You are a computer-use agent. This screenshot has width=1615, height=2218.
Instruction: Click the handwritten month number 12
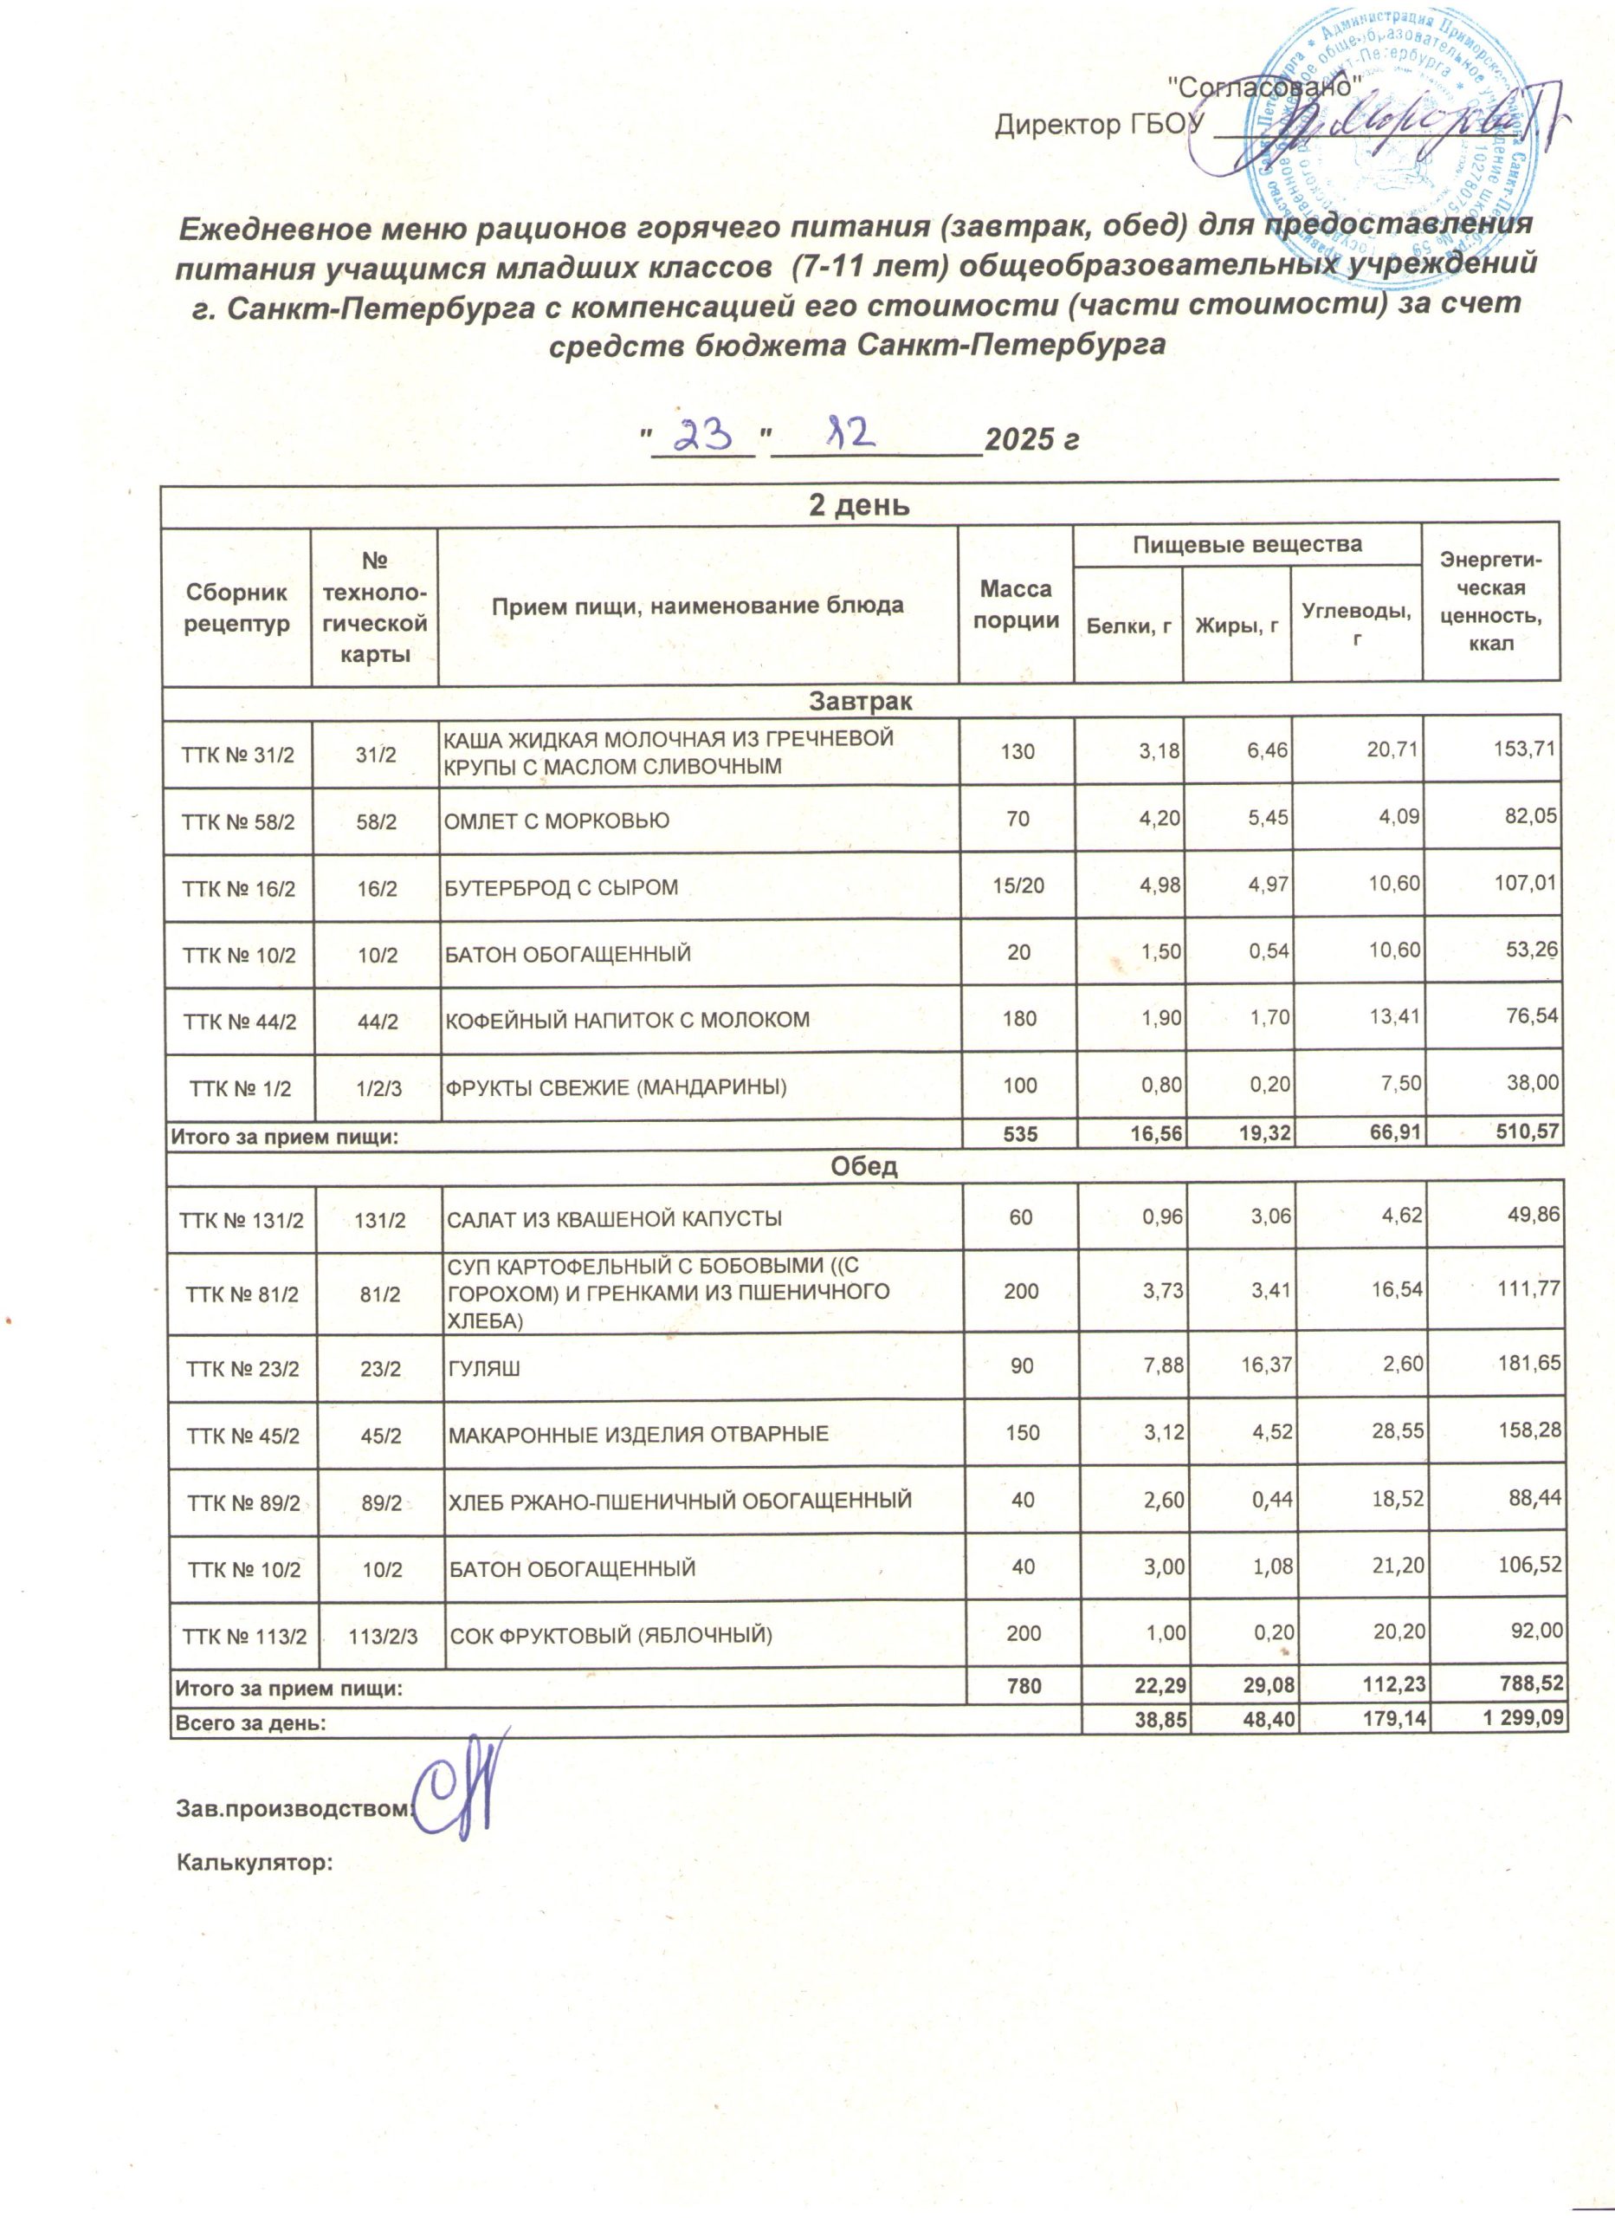pyautogui.click(x=849, y=433)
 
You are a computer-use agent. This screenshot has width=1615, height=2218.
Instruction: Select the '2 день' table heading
pyautogui.click(x=859, y=506)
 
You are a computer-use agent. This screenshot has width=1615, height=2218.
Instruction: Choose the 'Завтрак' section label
pyautogui.click(x=860, y=701)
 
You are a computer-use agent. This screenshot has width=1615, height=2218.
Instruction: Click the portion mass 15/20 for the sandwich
pyautogui.click(x=1017, y=886)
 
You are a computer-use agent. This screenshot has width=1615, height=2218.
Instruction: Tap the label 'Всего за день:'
pyautogui.click(x=249, y=1723)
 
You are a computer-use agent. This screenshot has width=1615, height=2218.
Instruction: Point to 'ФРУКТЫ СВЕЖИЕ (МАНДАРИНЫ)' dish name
pyautogui.click(x=616, y=1086)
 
